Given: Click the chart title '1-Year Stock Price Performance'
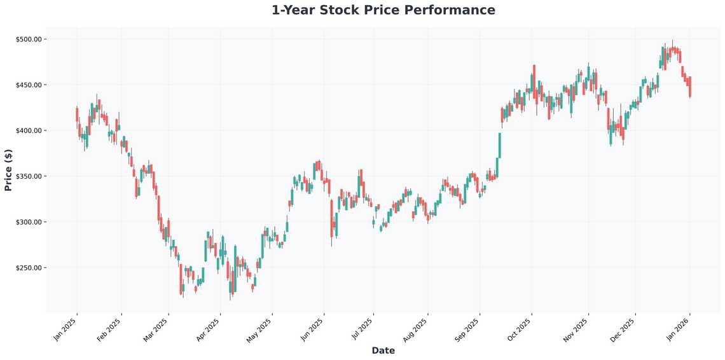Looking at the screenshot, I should pos(383,10).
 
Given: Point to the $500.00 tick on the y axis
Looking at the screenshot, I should pos(29,39).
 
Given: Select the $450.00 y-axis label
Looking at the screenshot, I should pos(29,85).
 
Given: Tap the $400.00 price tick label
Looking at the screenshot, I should pos(29,130).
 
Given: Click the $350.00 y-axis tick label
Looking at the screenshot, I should pos(29,176).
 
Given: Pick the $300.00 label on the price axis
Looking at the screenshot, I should pos(29,222).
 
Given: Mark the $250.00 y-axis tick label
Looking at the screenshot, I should pos(29,268).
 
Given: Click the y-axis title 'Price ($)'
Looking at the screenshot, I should pos(8,170).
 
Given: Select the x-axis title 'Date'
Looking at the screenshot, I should pos(383,350).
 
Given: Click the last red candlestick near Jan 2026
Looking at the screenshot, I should pos(690,87).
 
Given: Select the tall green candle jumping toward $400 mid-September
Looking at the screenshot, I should pos(500,145).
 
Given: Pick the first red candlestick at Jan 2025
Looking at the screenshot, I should pos(77,114).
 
